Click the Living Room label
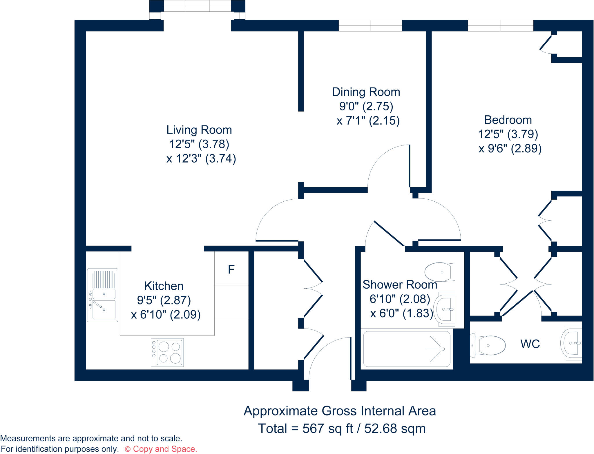199,130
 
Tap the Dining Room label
366,92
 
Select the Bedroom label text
508,120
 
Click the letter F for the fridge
231,270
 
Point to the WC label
530,344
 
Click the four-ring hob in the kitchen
167,352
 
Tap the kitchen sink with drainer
103,295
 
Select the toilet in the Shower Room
439,272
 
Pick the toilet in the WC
489,345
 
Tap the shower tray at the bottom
407,349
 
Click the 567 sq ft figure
327,429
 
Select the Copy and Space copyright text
161,449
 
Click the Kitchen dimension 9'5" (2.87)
164,300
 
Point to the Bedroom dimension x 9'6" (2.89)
510,149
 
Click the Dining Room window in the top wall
370,25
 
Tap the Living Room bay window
197,6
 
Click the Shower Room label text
400,285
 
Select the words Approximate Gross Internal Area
340,411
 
